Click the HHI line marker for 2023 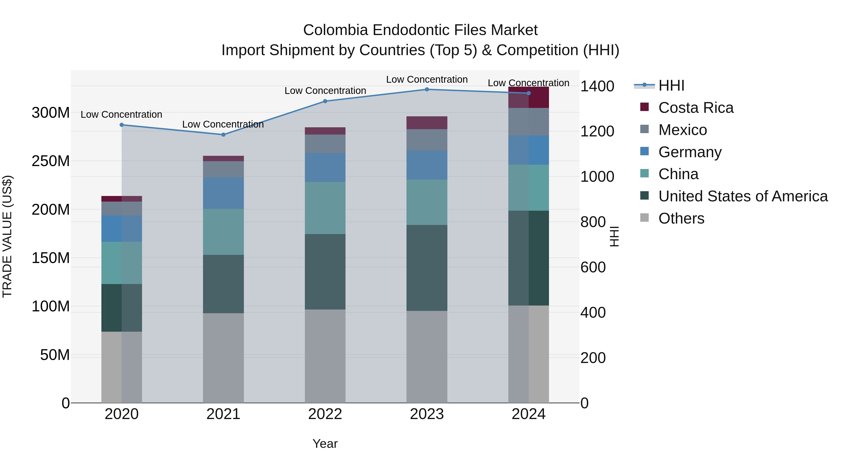(x=427, y=89)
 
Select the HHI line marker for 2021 (x=223, y=135)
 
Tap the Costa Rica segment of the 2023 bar (x=427, y=123)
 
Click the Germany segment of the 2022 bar (x=325, y=167)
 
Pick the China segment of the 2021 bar (x=223, y=232)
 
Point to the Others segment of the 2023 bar (x=427, y=356)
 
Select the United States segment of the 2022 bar (x=325, y=272)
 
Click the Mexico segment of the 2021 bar (x=223, y=169)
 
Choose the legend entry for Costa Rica (x=695, y=108)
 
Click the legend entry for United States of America (x=743, y=196)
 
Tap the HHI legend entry (x=671, y=85)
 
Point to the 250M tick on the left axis (x=51, y=161)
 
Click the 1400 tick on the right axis (x=597, y=86)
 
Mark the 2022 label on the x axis (x=325, y=414)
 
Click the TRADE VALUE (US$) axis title (x=7, y=236)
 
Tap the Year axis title (x=325, y=444)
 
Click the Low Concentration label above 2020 (x=121, y=115)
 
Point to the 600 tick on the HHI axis (x=593, y=267)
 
